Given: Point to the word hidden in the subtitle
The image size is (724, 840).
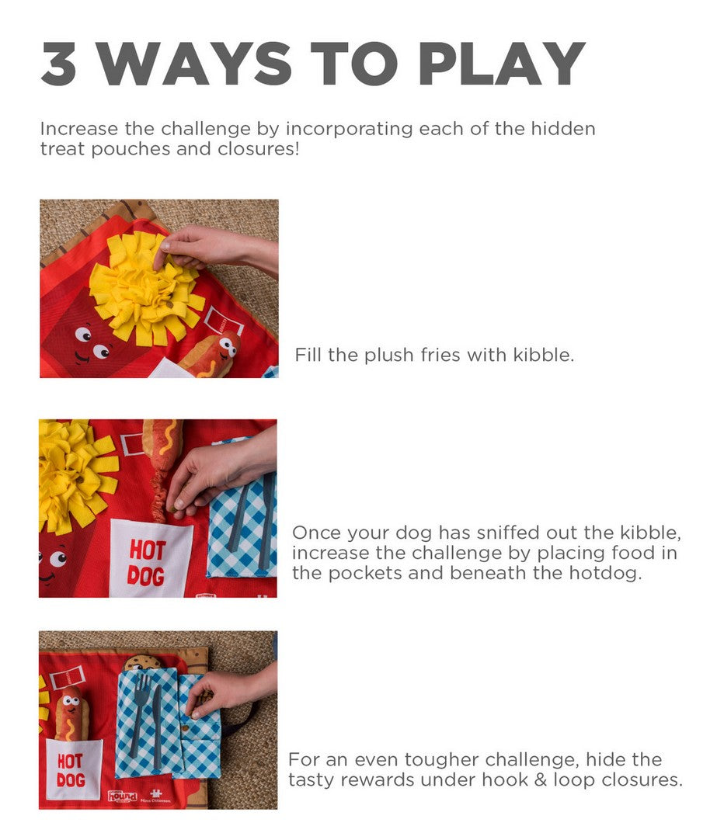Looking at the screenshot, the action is [x=563, y=129].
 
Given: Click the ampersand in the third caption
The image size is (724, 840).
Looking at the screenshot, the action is [x=540, y=779].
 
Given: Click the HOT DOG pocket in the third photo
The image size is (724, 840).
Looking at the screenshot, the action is [x=73, y=769].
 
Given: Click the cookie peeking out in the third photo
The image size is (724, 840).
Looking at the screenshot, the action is [x=141, y=661].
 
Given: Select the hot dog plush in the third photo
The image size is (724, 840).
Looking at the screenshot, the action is [x=72, y=713].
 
